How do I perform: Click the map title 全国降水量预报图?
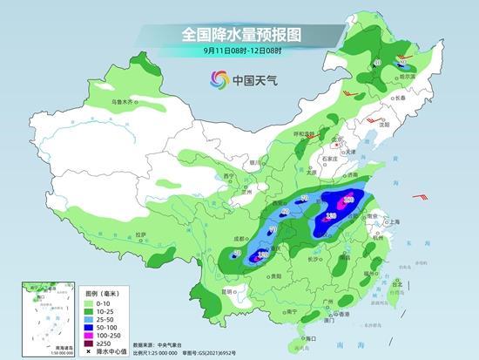[x=239, y=35]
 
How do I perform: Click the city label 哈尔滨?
[x=403, y=77]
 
